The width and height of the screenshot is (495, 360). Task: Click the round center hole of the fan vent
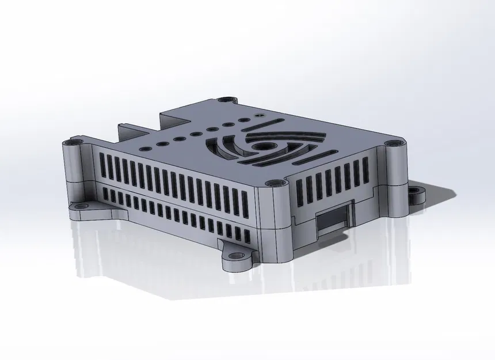point(265,146)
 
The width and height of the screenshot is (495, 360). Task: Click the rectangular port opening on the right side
point(333,221)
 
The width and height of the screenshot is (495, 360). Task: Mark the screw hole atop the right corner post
point(393,142)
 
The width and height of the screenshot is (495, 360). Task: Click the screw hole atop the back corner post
point(229,100)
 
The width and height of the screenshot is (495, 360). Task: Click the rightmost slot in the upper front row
point(245,203)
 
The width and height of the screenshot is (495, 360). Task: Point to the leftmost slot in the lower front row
point(105,194)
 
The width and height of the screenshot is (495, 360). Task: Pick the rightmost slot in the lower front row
point(246,234)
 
